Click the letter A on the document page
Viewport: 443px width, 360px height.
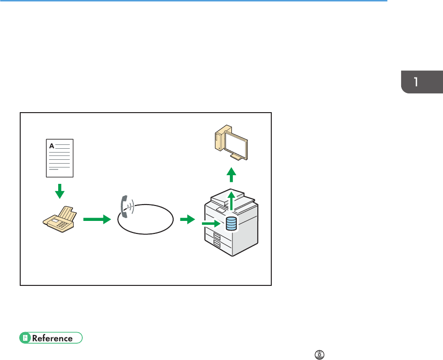tap(51, 144)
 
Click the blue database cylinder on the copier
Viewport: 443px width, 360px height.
tap(231, 224)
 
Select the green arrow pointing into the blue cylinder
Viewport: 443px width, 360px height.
tap(211, 223)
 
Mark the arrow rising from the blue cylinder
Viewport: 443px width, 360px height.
tap(231, 200)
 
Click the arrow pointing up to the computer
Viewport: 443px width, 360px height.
tap(232, 174)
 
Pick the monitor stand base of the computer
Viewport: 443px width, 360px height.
tap(236, 157)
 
